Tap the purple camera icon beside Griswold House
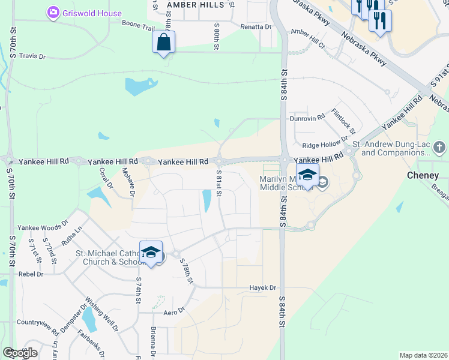[x=53, y=13]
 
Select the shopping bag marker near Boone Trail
[x=163, y=43]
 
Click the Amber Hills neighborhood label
[x=195, y=4]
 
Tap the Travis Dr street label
[x=32, y=56]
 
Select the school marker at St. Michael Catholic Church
[x=151, y=253]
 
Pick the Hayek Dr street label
[x=262, y=288]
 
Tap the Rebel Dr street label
[x=31, y=274]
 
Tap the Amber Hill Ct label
[x=307, y=38]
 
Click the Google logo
[x=20, y=353]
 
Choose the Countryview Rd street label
[x=38, y=327]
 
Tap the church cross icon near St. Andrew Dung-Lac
[x=439, y=147]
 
